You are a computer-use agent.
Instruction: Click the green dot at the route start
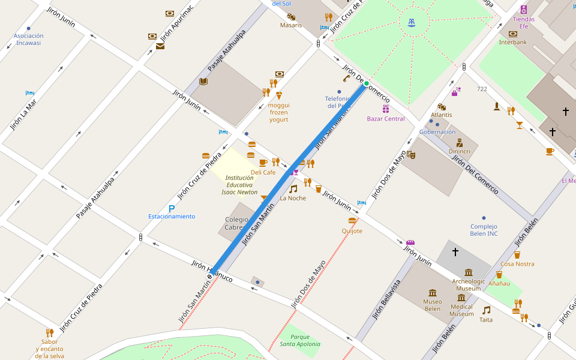click(366, 83)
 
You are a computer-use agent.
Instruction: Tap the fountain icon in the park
click(412, 23)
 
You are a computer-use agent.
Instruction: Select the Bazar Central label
click(386, 119)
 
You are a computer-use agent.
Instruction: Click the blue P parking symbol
click(172, 208)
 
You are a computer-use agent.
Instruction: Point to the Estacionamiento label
click(172, 217)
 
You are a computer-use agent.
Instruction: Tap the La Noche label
click(293, 198)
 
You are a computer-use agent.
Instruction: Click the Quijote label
click(352, 231)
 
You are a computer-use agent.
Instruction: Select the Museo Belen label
click(433, 305)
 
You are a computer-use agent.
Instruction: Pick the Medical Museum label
click(461, 310)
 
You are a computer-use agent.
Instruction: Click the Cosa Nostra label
click(517, 264)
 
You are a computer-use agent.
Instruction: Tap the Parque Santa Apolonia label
click(296, 340)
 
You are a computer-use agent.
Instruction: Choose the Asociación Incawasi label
click(29, 40)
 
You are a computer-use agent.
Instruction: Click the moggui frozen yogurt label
click(278, 112)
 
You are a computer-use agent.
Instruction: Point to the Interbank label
click(513, 42)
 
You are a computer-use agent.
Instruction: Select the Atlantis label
click(442, 115)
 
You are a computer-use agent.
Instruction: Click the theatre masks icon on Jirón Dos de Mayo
click(411, 154)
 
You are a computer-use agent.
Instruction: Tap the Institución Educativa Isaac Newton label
click(239, 185)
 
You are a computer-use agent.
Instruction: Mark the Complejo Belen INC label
click(484, 230)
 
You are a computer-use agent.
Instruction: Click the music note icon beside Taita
click(487, 310)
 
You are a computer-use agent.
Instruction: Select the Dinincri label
click(460, 152)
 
